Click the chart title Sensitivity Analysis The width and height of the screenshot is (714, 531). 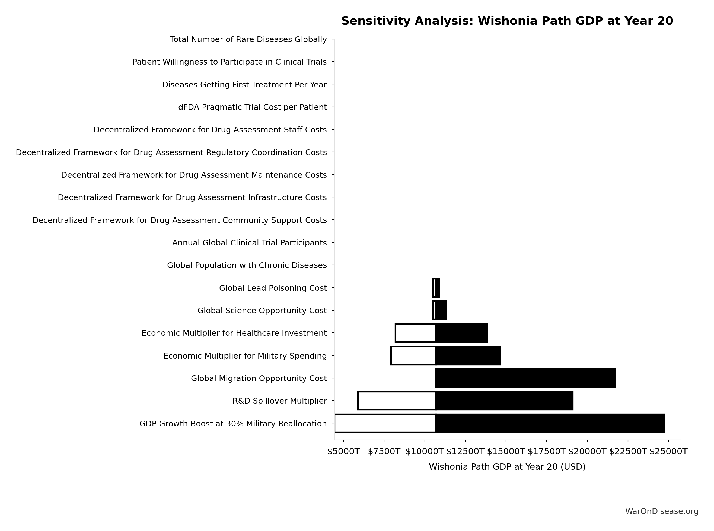pyautogui.click(x=507, y=21)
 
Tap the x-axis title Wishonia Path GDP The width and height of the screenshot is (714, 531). pyautogui.click(x=507, y=467)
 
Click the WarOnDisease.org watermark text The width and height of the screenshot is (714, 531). pyautogui.click(x=662, y=511)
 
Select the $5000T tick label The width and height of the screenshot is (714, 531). pyautogui.click(x=343, y=452)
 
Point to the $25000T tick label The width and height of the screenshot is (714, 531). pyautogui.click(x=668, y=452)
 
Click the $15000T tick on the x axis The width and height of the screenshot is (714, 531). pyautogui.click(x=506, y=452)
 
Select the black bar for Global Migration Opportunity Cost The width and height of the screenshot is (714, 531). pyautogui.click(x=526, y=378)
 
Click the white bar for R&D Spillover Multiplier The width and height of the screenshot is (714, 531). pyautogui.click(x=397, y=401)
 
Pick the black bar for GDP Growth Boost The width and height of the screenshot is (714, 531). pyautogui.click(x=550, y=423)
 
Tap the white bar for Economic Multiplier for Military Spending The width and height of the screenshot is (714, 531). pyautogui.click(x=413, y=356)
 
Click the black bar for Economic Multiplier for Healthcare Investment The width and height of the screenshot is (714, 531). pyautogui.click(x=462, y=333)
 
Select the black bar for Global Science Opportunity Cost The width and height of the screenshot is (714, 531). pyautogui.click(x=441, y=310)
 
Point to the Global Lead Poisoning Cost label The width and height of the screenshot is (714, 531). pyautogui.click(x=273, y=288)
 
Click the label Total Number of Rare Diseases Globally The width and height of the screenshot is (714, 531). pyautogui.click(x=248, y=40)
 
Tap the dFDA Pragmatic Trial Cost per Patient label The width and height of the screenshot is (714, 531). pyautogui.click(x=252, y=107)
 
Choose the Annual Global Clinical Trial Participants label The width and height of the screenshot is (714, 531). pyautogui.click(x=250, y=243)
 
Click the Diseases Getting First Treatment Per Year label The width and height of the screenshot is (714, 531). pyautogui.click(x=244, y=85)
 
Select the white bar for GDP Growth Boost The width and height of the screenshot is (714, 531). pyautogui.click(x=385, y=423)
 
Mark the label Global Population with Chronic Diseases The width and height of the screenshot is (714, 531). pyautogui.click(x=247, y=265)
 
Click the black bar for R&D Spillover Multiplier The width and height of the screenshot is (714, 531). pyautogui.click(x=504, y=401)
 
